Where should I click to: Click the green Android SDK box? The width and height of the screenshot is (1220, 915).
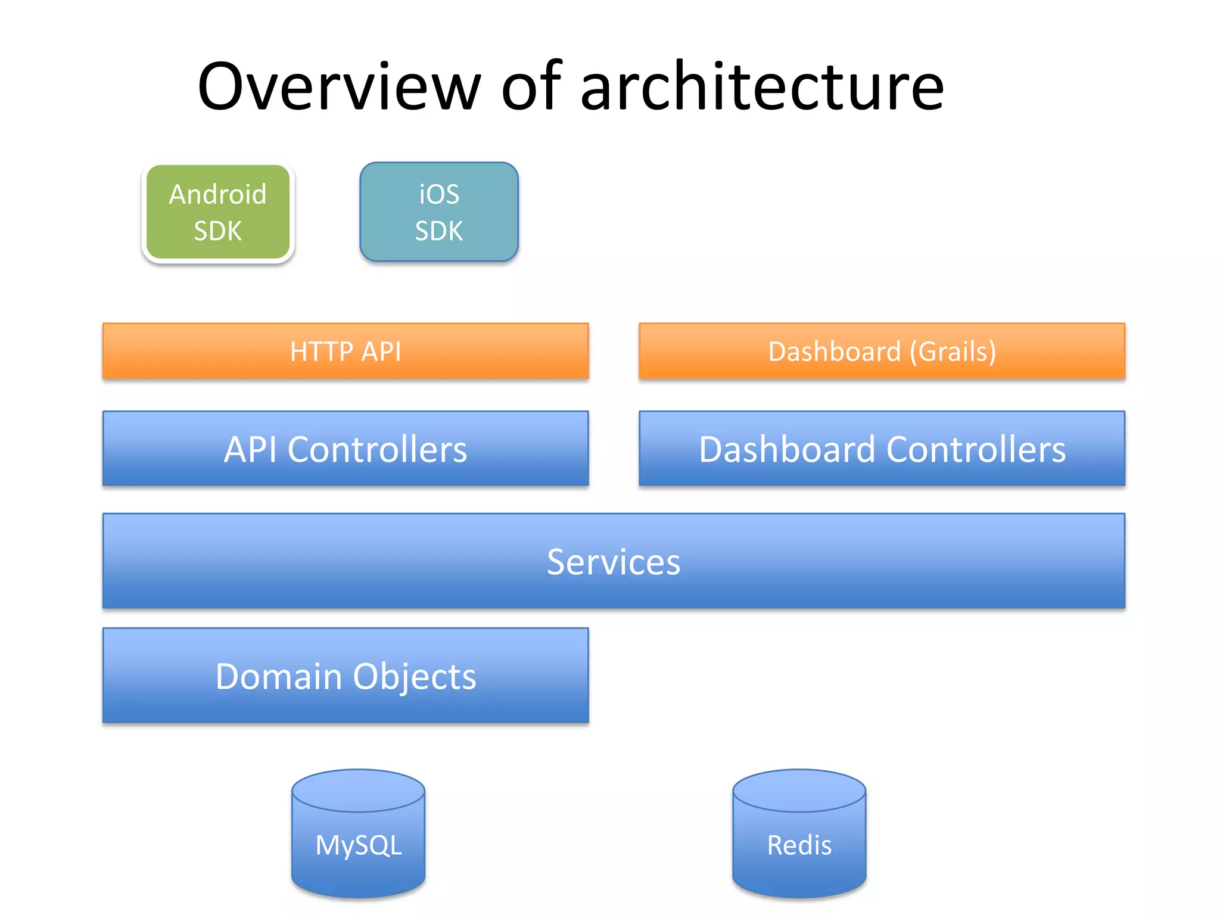218,213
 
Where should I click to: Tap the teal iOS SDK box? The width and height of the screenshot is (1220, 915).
439,213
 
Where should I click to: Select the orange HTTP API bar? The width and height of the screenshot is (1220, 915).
346,351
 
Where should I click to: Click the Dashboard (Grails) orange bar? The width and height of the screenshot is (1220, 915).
882,351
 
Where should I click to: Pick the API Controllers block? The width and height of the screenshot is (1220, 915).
346,449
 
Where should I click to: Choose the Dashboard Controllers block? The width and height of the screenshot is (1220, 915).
882,449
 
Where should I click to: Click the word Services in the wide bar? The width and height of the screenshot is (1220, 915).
614,562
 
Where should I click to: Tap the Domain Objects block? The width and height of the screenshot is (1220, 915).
346,676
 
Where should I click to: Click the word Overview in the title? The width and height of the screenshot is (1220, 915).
339,87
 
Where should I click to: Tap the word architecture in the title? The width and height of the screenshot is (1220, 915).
762,87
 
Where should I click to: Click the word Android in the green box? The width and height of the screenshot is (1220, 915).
217,194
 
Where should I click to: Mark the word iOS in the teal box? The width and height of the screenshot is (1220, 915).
439,194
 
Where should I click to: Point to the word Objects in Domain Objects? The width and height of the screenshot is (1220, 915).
415,677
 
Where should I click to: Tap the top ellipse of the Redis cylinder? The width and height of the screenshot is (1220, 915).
799,790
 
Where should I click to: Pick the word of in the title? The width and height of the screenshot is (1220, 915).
531,87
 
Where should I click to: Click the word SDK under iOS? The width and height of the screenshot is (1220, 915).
439,231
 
